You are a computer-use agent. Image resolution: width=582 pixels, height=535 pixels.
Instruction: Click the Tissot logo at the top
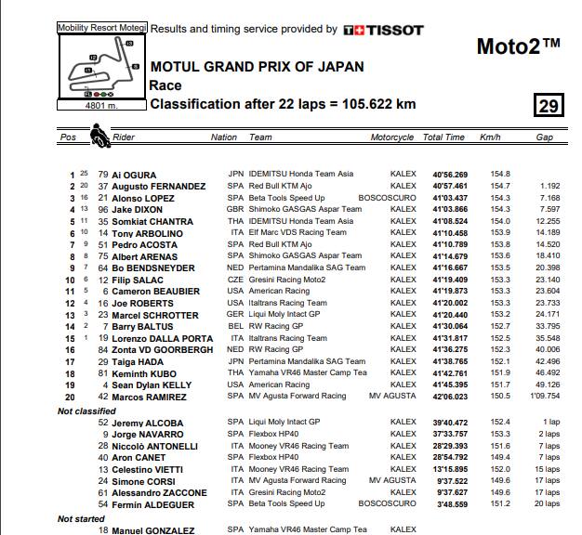[x=383, y=30]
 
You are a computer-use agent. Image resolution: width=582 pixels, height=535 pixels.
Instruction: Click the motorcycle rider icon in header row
[x=97, y=137]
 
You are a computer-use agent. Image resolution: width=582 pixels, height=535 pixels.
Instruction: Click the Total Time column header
[x=443, y=137]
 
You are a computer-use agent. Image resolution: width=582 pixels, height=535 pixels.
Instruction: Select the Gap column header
[x=545, y=137]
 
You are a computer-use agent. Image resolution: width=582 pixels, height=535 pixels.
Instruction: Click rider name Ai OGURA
[x=134, y=175]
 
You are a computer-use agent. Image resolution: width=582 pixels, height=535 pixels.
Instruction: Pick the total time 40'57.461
[x=449, y=187]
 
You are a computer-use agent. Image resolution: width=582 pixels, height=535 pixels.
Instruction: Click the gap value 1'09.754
[x=544, y=397]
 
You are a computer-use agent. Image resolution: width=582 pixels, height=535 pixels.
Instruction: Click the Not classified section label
[x=87, y=410]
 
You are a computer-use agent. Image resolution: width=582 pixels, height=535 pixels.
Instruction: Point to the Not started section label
[x=82, y=519]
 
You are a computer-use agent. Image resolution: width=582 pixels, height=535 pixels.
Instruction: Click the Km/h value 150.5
[x=500, y=397]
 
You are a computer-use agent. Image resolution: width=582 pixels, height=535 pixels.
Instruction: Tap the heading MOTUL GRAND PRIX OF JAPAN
[x=257, y=68]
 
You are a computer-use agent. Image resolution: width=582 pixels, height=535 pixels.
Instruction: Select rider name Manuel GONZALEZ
[x=152, y=530]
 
